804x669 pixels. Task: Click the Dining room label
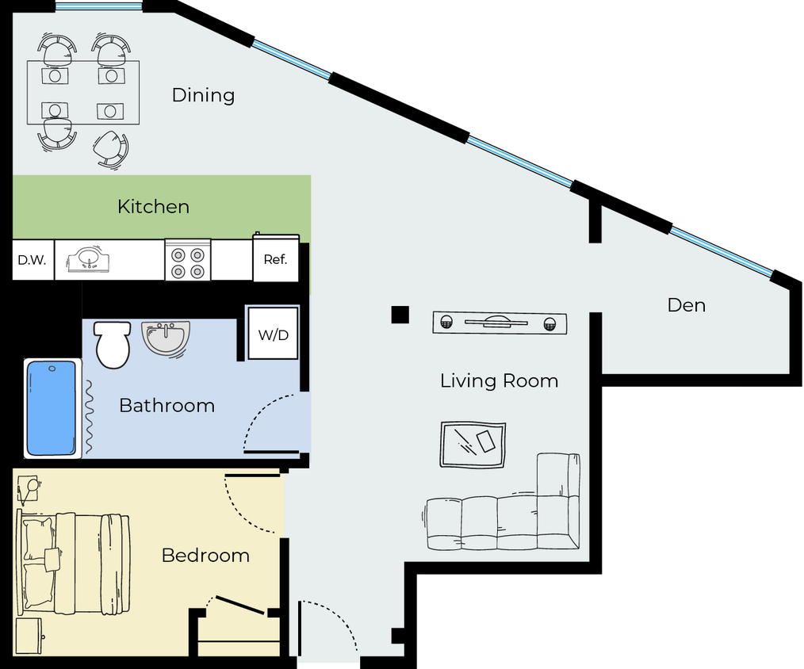click(203, 95)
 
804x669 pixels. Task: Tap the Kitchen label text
click(153, 207)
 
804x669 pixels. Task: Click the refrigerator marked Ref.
click(275, 259)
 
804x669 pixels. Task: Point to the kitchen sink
click(88, 260)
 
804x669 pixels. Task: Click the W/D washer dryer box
click(273, 334)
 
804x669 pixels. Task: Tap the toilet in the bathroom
click(111, 342)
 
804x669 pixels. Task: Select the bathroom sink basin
click(166, 338)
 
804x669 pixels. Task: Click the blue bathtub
click(52, 408)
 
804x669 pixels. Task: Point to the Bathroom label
click(167, 406)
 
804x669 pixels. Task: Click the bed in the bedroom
click(75, 564)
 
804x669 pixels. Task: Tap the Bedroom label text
click(205, 556)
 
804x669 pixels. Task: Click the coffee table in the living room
click(473, 444)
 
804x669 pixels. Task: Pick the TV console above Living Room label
click(500, 323)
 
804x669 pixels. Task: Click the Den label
click(686, 305)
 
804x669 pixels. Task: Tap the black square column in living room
click(400, 315)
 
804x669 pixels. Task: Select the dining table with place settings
click(83, 93)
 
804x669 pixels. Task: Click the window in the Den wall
click(721, 251)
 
